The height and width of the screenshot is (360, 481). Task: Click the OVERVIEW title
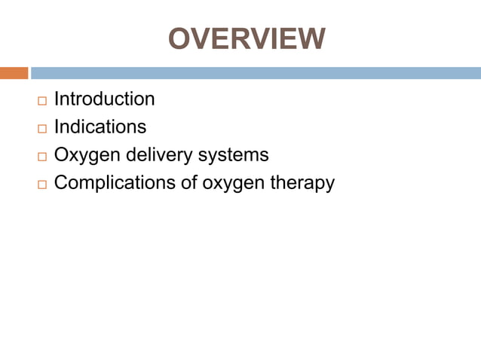(247, 39)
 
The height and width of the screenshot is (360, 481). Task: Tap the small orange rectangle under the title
(14, 73)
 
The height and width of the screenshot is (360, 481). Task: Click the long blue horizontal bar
(256, 73)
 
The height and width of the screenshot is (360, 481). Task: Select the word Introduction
(105, 99)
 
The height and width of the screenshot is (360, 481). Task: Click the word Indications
(100, 127)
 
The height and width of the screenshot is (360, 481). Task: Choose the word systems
(233, 154)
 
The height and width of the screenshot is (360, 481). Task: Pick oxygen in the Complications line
(230, 184)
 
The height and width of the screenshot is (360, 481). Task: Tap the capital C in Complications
(62, 182)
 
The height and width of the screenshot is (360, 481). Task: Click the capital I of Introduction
(57, 99)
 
